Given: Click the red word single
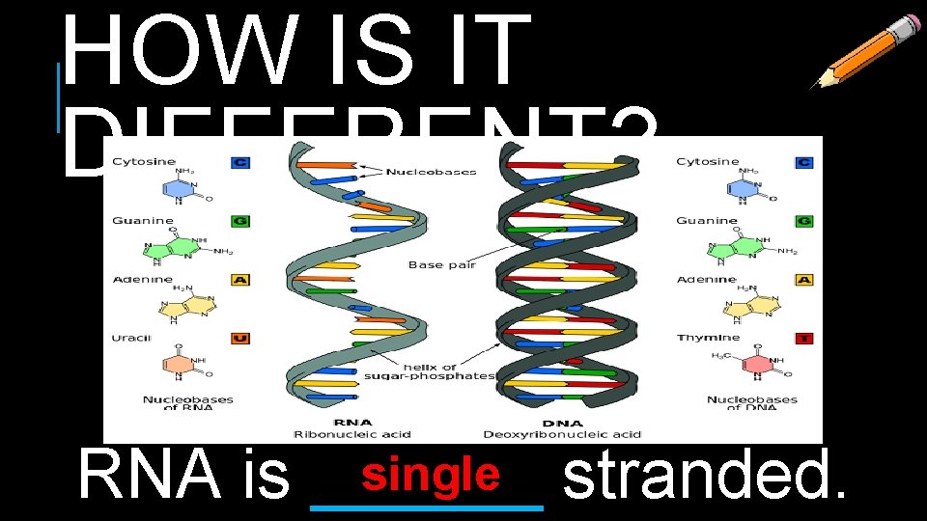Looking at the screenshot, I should (430, 475).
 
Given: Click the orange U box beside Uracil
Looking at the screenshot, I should (240, 338).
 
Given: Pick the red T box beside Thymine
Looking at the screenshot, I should (803, 338).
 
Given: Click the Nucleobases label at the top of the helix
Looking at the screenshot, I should (431, 172).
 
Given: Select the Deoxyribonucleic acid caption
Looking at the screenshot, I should (563, 434).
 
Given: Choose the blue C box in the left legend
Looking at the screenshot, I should (240, 162).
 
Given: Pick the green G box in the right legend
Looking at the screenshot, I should (803, 221).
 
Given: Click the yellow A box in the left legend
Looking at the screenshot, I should (240, 280).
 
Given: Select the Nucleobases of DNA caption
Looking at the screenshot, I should (751, 403).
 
